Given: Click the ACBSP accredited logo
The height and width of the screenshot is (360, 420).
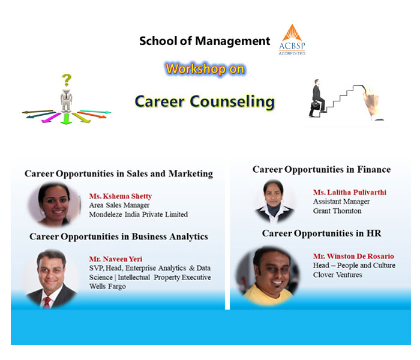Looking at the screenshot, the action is point(292,40).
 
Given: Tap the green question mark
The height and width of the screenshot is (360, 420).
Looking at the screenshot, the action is point(67,80).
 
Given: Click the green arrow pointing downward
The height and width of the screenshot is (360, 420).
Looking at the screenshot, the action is point(66,119).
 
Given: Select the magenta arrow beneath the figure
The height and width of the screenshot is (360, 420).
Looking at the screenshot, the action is point(52,118).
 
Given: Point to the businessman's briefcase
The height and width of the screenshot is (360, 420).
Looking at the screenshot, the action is point(315,105).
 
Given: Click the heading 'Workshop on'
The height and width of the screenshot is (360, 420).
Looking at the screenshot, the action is point(205,69).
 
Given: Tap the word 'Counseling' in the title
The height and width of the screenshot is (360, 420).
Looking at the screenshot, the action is point(232,102).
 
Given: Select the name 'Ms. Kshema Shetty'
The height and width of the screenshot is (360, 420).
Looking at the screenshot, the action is point(121,196).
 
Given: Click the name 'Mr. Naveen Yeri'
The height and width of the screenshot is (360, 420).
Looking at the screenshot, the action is point(116,259).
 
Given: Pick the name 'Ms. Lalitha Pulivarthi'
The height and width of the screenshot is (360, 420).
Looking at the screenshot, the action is point(350,193).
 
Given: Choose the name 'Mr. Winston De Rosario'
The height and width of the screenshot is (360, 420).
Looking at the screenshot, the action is point(353,256).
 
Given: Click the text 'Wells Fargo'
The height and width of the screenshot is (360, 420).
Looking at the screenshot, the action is point(107,286).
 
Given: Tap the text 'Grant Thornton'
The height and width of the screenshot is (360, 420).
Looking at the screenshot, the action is point(337,211).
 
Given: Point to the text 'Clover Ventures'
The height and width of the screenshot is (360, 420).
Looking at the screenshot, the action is point(337,275).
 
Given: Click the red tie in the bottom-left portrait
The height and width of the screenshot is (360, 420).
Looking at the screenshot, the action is point(47,302).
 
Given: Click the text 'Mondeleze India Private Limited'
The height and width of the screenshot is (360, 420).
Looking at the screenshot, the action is point(138,215).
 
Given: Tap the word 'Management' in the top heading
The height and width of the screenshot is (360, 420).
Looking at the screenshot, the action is point(233,41).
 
